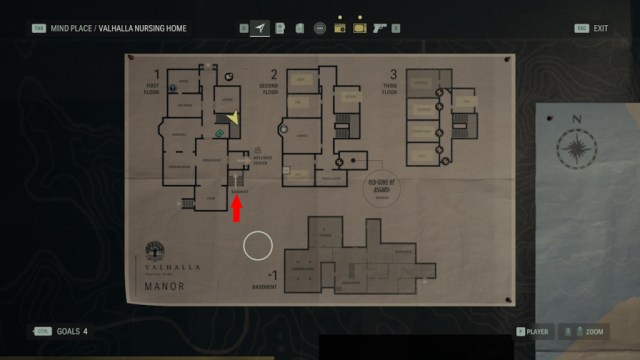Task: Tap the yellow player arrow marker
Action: point(232,119)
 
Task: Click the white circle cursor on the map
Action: point(258,245)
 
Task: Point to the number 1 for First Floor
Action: point(156,74)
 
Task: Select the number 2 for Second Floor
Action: point(274,74)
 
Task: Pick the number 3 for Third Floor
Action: point(393,74)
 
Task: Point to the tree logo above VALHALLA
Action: point(155,251)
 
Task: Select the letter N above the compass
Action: point(577,118)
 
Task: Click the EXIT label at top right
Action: point(600,28)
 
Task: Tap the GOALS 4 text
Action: point(71,331)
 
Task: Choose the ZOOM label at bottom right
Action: point(594,331)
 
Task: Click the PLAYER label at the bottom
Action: point(538,331)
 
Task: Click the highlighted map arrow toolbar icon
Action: point(261,28)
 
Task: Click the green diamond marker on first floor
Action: point(218,132)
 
